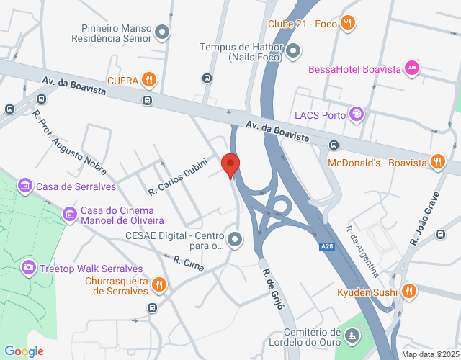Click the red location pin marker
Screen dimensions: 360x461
point(230,165)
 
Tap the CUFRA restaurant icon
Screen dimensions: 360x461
point(149,79)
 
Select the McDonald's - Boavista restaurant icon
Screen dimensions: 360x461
point(437,162)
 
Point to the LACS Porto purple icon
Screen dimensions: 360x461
point(356,114)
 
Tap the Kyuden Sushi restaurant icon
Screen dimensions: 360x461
point(408,292)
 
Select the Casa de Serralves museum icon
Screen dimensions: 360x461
point(25,186)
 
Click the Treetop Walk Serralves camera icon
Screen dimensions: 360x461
point(29,268)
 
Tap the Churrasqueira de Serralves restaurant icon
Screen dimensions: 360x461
point(160,286)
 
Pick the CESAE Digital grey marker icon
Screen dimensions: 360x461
point(234,239)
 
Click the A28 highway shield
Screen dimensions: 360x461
point(326,247)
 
